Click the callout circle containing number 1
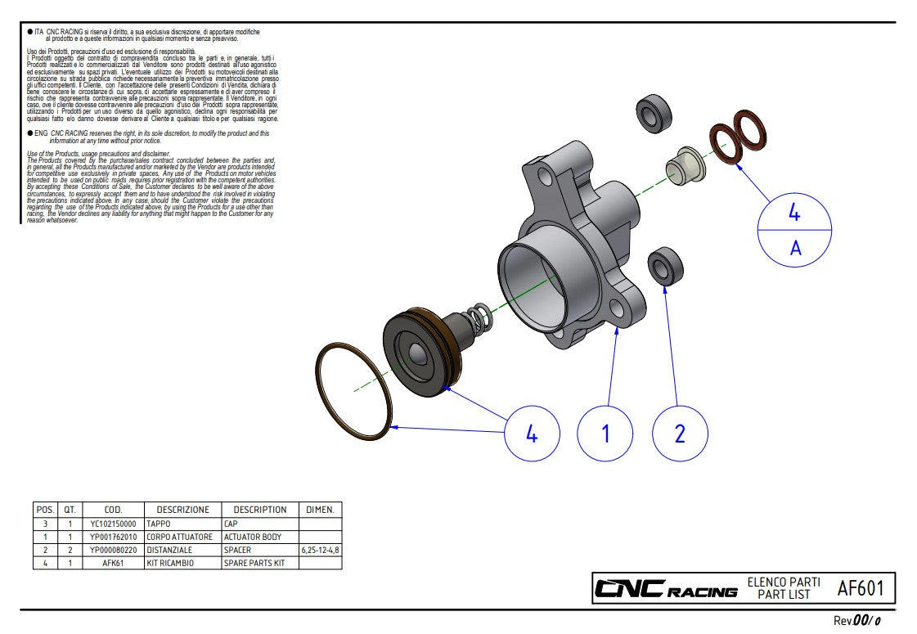pyautogui.click(x=605, y=433)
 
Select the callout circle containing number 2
pyautogui.click(x=680, y=433)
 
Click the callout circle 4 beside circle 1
pyautogui.click(x=532, y=433)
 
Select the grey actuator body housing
pyautogui.click(x=573, y=254)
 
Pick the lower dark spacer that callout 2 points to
pyautogui.click(x=665, y=267)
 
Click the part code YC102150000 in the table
pyautogui.click(x=113, y=524)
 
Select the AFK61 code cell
pyautogui.click(x=113, y=563)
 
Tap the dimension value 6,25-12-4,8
pyautogui.click(x=321, y=550)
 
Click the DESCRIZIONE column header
pyautogui.click(x=182, y=510)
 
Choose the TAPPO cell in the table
pyautogui.click(x=160, y=524)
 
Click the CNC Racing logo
pyautogui.click(x=665, y=589)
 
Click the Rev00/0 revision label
pyautogui.click(x=856, y=621)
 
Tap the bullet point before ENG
pyautogui.click(x=29, y=133)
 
